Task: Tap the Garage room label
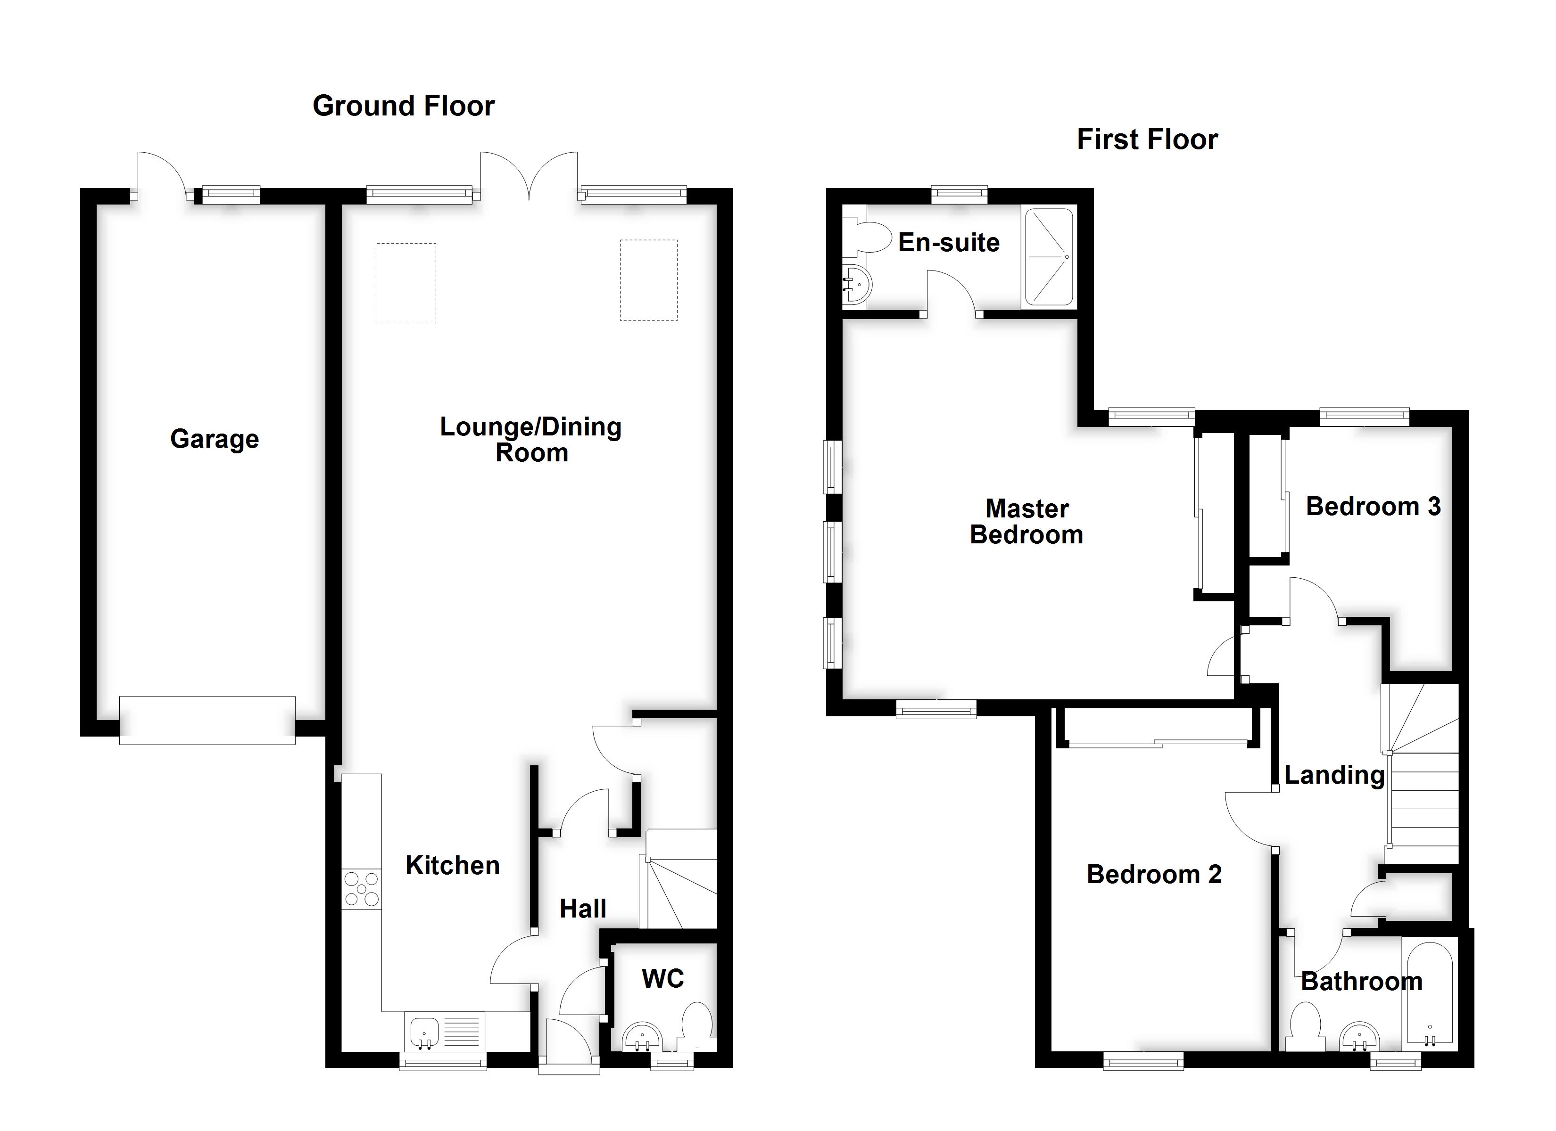pos(214,439)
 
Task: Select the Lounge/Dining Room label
pos(530,440)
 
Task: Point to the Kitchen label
pos(452,866)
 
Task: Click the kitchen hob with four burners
pos(362,889)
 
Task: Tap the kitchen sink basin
pos(425,1031)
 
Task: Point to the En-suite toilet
pos(864,236)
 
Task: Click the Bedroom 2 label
pos(1154,875)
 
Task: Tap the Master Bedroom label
pos(1026,522)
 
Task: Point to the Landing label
pos(1334,775)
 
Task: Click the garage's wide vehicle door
pos(207,720)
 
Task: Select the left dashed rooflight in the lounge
pos(406,283)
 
